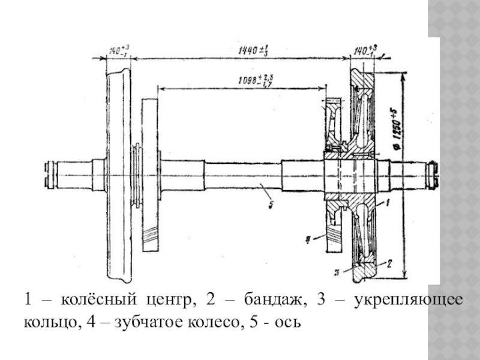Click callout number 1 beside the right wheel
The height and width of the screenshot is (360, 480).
click(x=389, y=204)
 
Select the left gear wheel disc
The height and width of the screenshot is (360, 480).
click(x=151, y=174)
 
